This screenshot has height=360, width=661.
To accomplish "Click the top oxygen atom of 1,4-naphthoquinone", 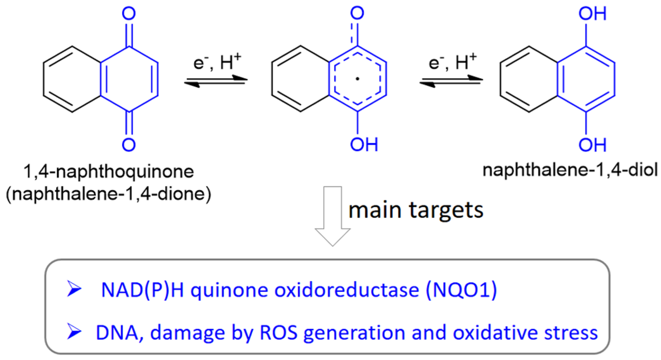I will click(x=129, y=14).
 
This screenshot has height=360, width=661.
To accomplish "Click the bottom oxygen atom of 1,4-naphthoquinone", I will click(x=129, y=145).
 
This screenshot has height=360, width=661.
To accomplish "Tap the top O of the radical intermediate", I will click(x=357, y=13).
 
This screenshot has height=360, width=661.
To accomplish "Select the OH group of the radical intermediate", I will click(x=364, y=145).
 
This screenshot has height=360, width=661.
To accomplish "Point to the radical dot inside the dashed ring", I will click(x=357, y=79).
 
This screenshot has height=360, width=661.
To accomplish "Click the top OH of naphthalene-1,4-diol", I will click(x=592, y=14).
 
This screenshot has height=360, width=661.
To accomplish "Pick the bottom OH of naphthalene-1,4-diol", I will click(x=592, y=145).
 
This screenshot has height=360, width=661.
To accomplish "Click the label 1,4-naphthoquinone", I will click(x=109, y=171).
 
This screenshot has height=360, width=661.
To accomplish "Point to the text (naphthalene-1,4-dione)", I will click(x=109, y=194).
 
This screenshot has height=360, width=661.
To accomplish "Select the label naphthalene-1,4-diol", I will click(x=570, y=170).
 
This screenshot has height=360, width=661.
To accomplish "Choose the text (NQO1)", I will click(x=461, y=290).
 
